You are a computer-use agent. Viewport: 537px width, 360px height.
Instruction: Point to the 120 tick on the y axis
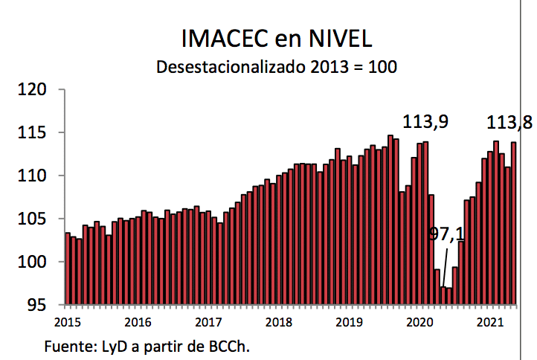pos(33,90)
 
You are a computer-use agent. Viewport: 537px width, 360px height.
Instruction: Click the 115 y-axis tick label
pos(33,133)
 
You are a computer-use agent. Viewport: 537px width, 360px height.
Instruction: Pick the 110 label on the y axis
pos(33,176)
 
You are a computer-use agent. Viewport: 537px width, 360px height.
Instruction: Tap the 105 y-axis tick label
pos(33,219)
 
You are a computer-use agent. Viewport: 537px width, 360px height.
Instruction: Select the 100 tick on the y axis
pos(33,263)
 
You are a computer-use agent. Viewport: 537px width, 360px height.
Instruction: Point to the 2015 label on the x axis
pos(67,322)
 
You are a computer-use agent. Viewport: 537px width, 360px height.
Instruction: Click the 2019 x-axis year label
pos(350,322)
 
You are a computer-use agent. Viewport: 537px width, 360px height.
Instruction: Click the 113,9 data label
pos(425,121)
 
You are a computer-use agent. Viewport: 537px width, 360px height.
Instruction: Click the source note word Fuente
pos(65,347)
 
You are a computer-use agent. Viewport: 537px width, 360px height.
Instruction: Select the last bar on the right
pos(513,223)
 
